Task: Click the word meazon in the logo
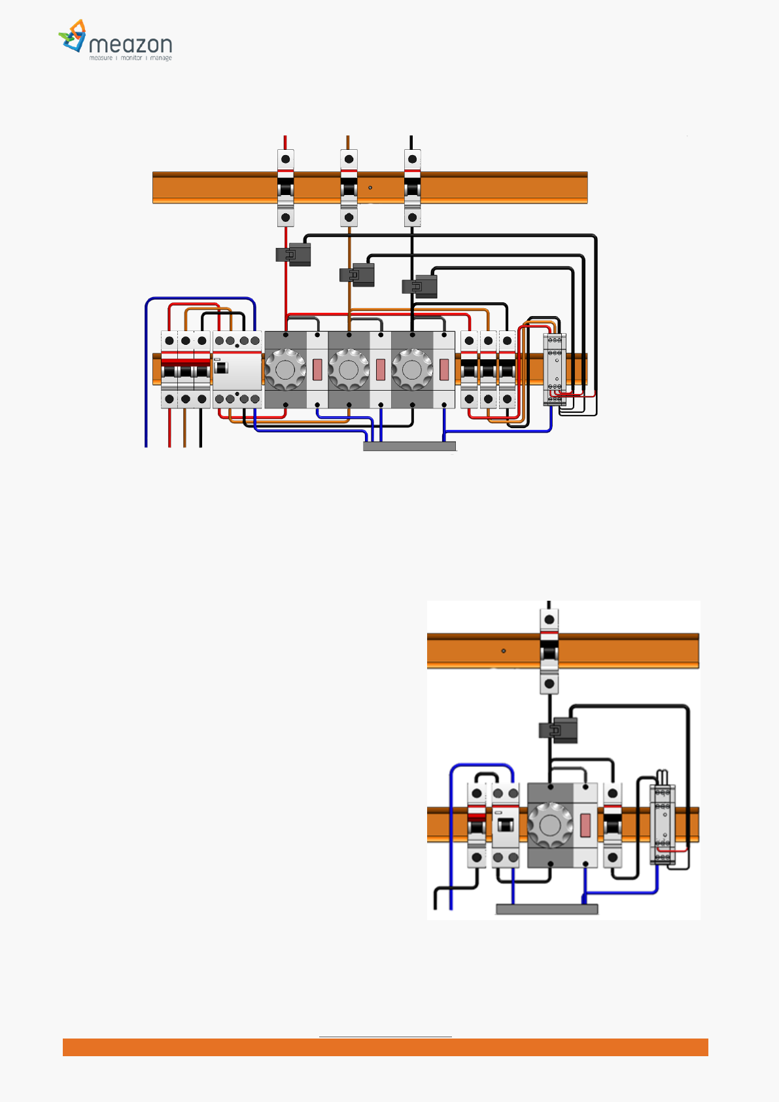[x=130, y=44]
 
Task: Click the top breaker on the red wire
[x=285, y=188]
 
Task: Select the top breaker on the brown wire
[x=349, y=188]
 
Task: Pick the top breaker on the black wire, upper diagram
[x=412, y=188]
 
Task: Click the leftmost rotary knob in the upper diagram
[x=285, y=370]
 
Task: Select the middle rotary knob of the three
[x=349, y=370]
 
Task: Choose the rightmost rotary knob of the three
[x=412, y=370]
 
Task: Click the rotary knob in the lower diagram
[x=550, y=825]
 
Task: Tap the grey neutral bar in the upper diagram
[x=409, y=446]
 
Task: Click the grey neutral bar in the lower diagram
[x=547, y=909]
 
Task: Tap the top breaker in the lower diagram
[x=549, y=651]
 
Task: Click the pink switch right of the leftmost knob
[x=317, y=370]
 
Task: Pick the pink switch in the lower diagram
[x=585, y=825]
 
